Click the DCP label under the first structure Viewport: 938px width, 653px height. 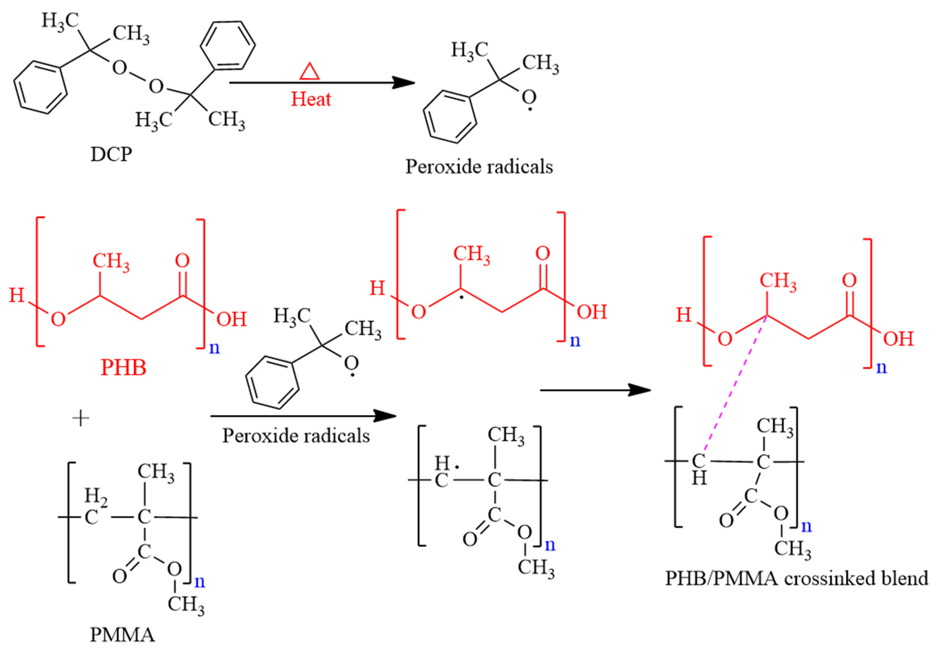[x=111, y=154]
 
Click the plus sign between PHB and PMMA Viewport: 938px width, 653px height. [x=81, y=418]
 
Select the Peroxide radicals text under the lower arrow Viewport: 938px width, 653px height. [x=296, y=436]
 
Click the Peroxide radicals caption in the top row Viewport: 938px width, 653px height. [x=479, y=167]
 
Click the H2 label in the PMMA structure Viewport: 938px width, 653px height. [x=96, y=497]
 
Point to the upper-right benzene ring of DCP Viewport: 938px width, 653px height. [x=228, y=46]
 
